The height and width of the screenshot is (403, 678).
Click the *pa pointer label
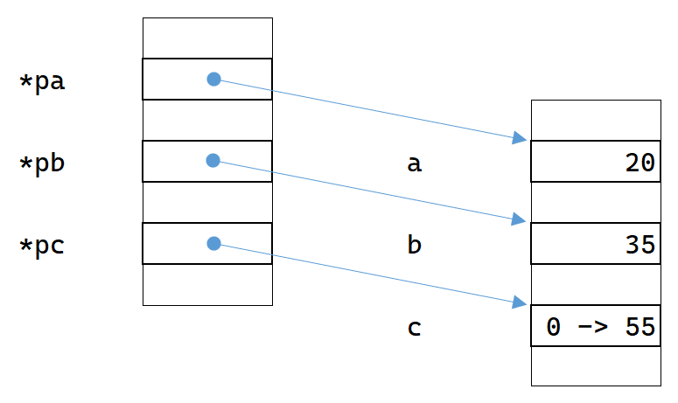click(43, 82)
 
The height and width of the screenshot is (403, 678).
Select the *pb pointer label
click(43, 163)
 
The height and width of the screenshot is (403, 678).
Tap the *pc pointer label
click(43, 246)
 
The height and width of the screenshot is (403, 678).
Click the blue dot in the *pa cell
click(213, 79)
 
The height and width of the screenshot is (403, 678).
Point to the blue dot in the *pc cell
click(213, 243)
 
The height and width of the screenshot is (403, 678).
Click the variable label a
click(415, 163)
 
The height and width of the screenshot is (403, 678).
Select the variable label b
click(415, 245)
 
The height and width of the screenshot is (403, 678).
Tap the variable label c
click(415, 328)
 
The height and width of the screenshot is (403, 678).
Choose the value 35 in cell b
click(641, 246)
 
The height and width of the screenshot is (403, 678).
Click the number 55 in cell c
click(641, 328)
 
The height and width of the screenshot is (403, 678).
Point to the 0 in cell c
click(553, 328)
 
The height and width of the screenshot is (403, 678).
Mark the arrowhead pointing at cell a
click(520, 137)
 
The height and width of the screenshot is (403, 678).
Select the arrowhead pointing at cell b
click(520, 220)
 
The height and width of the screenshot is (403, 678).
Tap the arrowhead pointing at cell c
click(520, 302)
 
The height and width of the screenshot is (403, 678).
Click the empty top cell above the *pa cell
click(207, 38)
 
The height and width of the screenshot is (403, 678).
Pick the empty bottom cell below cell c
click(596, 365)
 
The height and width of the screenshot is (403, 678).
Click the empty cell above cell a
click(596, 120)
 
